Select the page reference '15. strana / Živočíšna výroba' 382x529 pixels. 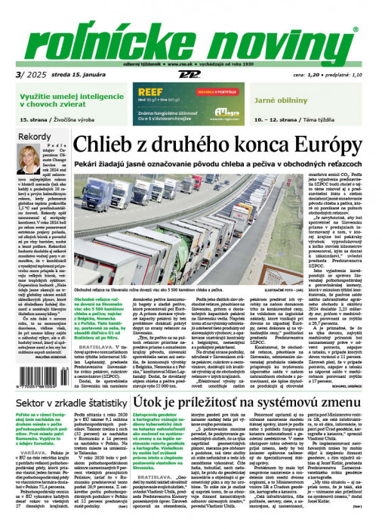(x=68, y=120)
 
